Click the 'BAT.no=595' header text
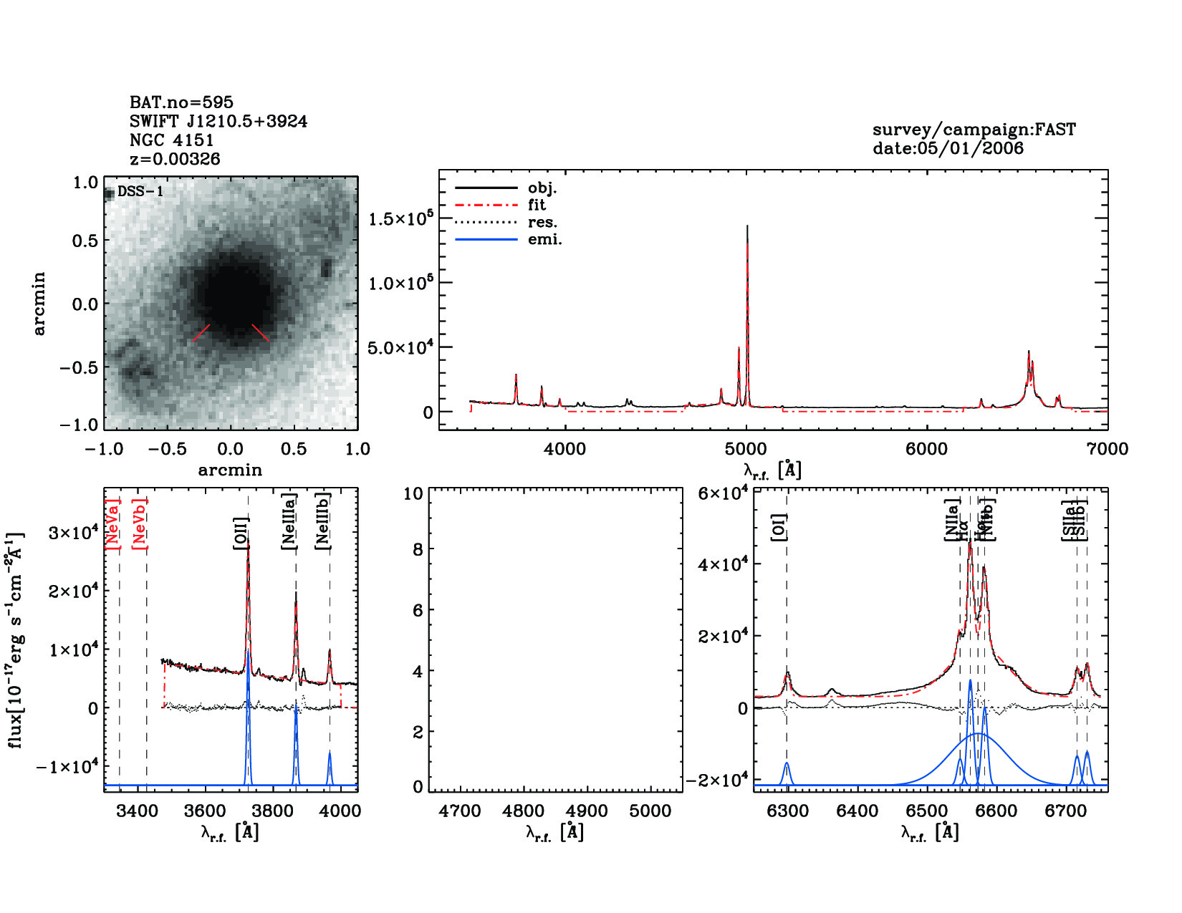(181, 102)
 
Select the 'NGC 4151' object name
(172, 140)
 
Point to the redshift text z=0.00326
(175, 159)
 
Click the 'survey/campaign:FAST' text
(974, 130)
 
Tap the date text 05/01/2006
(948, 148)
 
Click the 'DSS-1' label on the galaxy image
(140, 192)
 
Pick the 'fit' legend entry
(537, 205)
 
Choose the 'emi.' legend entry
(544, 239)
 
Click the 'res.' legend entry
(542, 222)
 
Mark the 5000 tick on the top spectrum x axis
(746, 449)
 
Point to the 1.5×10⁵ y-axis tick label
(400, 218)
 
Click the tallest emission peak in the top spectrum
(747, 228)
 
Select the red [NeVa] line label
(112, 523)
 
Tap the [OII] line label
(241, 533)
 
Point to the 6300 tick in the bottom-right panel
(787, 811)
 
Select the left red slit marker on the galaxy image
(201, 332)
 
